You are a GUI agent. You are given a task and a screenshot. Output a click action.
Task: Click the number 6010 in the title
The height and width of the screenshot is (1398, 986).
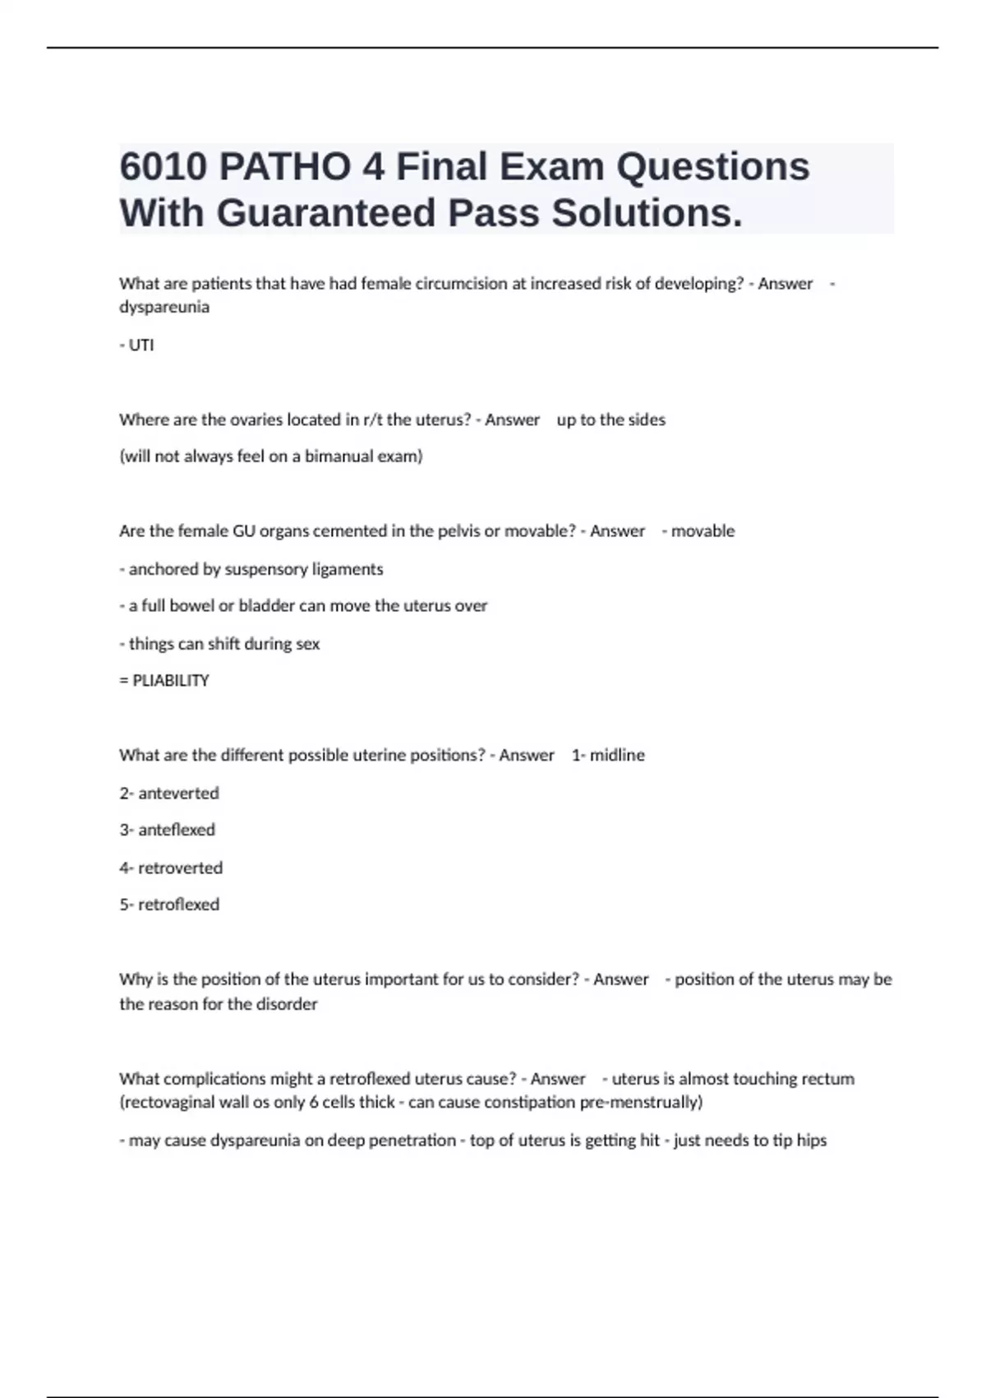click(162, 167)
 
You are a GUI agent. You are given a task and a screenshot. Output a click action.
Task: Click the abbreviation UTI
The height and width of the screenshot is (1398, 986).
click(141, 345)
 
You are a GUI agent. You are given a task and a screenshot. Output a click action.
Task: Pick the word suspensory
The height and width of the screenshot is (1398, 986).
click(266, 569)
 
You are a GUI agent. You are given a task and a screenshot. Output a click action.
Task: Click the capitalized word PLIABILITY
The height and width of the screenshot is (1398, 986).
click(171, 681)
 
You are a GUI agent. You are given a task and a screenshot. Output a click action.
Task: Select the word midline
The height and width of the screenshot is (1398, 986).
click(617, 755)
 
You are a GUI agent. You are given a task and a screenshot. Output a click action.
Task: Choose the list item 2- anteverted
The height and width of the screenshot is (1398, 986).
click(169, 794)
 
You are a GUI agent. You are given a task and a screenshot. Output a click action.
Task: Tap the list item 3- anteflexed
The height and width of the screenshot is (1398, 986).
click(168, 830)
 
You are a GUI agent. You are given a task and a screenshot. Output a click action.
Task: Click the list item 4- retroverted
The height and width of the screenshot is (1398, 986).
click(171, 868)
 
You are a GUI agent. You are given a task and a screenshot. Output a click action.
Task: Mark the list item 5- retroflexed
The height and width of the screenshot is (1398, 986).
click(169, 905)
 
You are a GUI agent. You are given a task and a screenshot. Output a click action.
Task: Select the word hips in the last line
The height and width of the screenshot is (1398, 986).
click(811, 1141)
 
